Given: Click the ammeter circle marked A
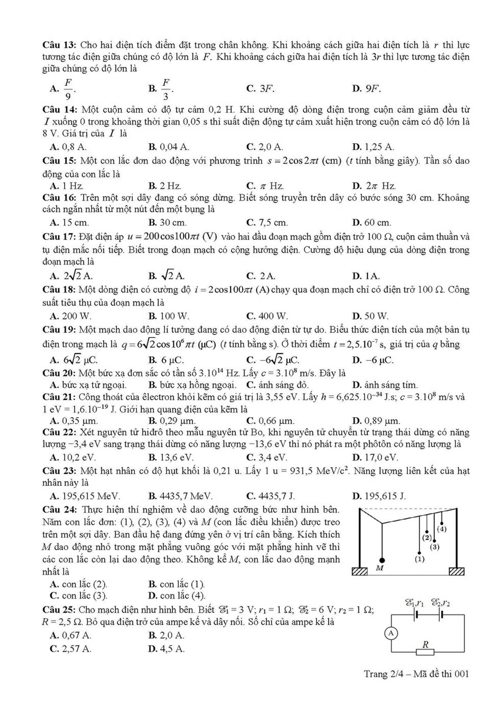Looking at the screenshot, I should click(x=391, y=633).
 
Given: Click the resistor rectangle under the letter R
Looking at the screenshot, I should click(x=425, y=652).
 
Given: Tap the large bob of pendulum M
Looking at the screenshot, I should click(x=382, y=559).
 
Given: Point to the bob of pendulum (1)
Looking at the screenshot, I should click(x=419, y=553).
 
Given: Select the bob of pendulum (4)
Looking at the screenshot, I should click(x=441, y=523).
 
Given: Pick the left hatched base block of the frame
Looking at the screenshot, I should click(x=360, y=571).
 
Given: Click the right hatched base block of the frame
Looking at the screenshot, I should click(x=456, y=571).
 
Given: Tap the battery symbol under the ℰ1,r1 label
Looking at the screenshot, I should click(x=415, y=615).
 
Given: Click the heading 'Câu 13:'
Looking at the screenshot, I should click(x=60, y=45).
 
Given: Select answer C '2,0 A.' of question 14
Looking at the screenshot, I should click(x=265, y=147).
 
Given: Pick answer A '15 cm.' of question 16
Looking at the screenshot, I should click(x=69, y=223).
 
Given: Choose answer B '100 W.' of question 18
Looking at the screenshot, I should click(x=169, y=316).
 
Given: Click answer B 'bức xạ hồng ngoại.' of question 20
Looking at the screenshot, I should click(x=193, y=385).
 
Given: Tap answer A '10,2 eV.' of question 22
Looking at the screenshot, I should click(x=73, y=457).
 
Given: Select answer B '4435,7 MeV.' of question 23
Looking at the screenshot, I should click(x=180, y=496).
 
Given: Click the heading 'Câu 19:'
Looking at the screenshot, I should click(x=60, y=330).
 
